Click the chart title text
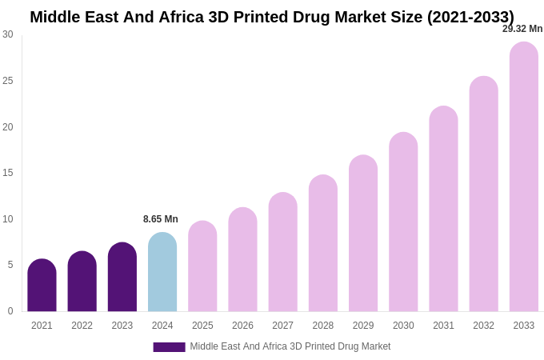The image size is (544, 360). point(272,17)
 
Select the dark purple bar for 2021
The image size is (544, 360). point(42,286)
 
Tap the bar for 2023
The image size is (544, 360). point(122,278)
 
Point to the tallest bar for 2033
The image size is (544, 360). point(524,177)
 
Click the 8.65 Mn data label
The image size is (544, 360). point(161,219)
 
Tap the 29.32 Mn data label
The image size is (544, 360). point(522,29)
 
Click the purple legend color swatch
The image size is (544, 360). point(169,347)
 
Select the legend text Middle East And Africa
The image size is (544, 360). point(290,346)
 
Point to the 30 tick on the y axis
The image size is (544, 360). point(8,34)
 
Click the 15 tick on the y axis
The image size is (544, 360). point(8,173)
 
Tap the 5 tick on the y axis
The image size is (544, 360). point(10,265)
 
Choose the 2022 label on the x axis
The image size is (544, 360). point(82,326)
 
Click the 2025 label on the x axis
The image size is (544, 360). point(202,326)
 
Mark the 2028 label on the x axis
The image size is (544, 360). point(323,326)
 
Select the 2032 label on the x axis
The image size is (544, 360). point(483,326)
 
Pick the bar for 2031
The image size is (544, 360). point(443,209)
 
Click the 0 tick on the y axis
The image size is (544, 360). point(10,311)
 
